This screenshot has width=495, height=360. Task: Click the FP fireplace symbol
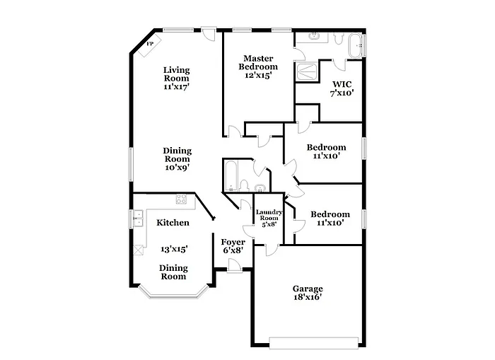coord(150,45)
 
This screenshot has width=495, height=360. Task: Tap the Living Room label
coord(177,74)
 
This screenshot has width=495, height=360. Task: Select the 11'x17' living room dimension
coord(177,86)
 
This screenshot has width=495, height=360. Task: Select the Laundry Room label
coord(269,216)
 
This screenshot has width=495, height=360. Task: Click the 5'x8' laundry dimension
coord(269,226)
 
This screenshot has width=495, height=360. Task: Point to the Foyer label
coord(233,242)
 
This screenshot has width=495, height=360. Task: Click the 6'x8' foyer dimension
coord(233,250)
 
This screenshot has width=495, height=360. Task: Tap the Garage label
coord(308,289)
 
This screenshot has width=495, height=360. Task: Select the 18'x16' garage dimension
coord(308,298)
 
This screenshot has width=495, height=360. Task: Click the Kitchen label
coord(173,223)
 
